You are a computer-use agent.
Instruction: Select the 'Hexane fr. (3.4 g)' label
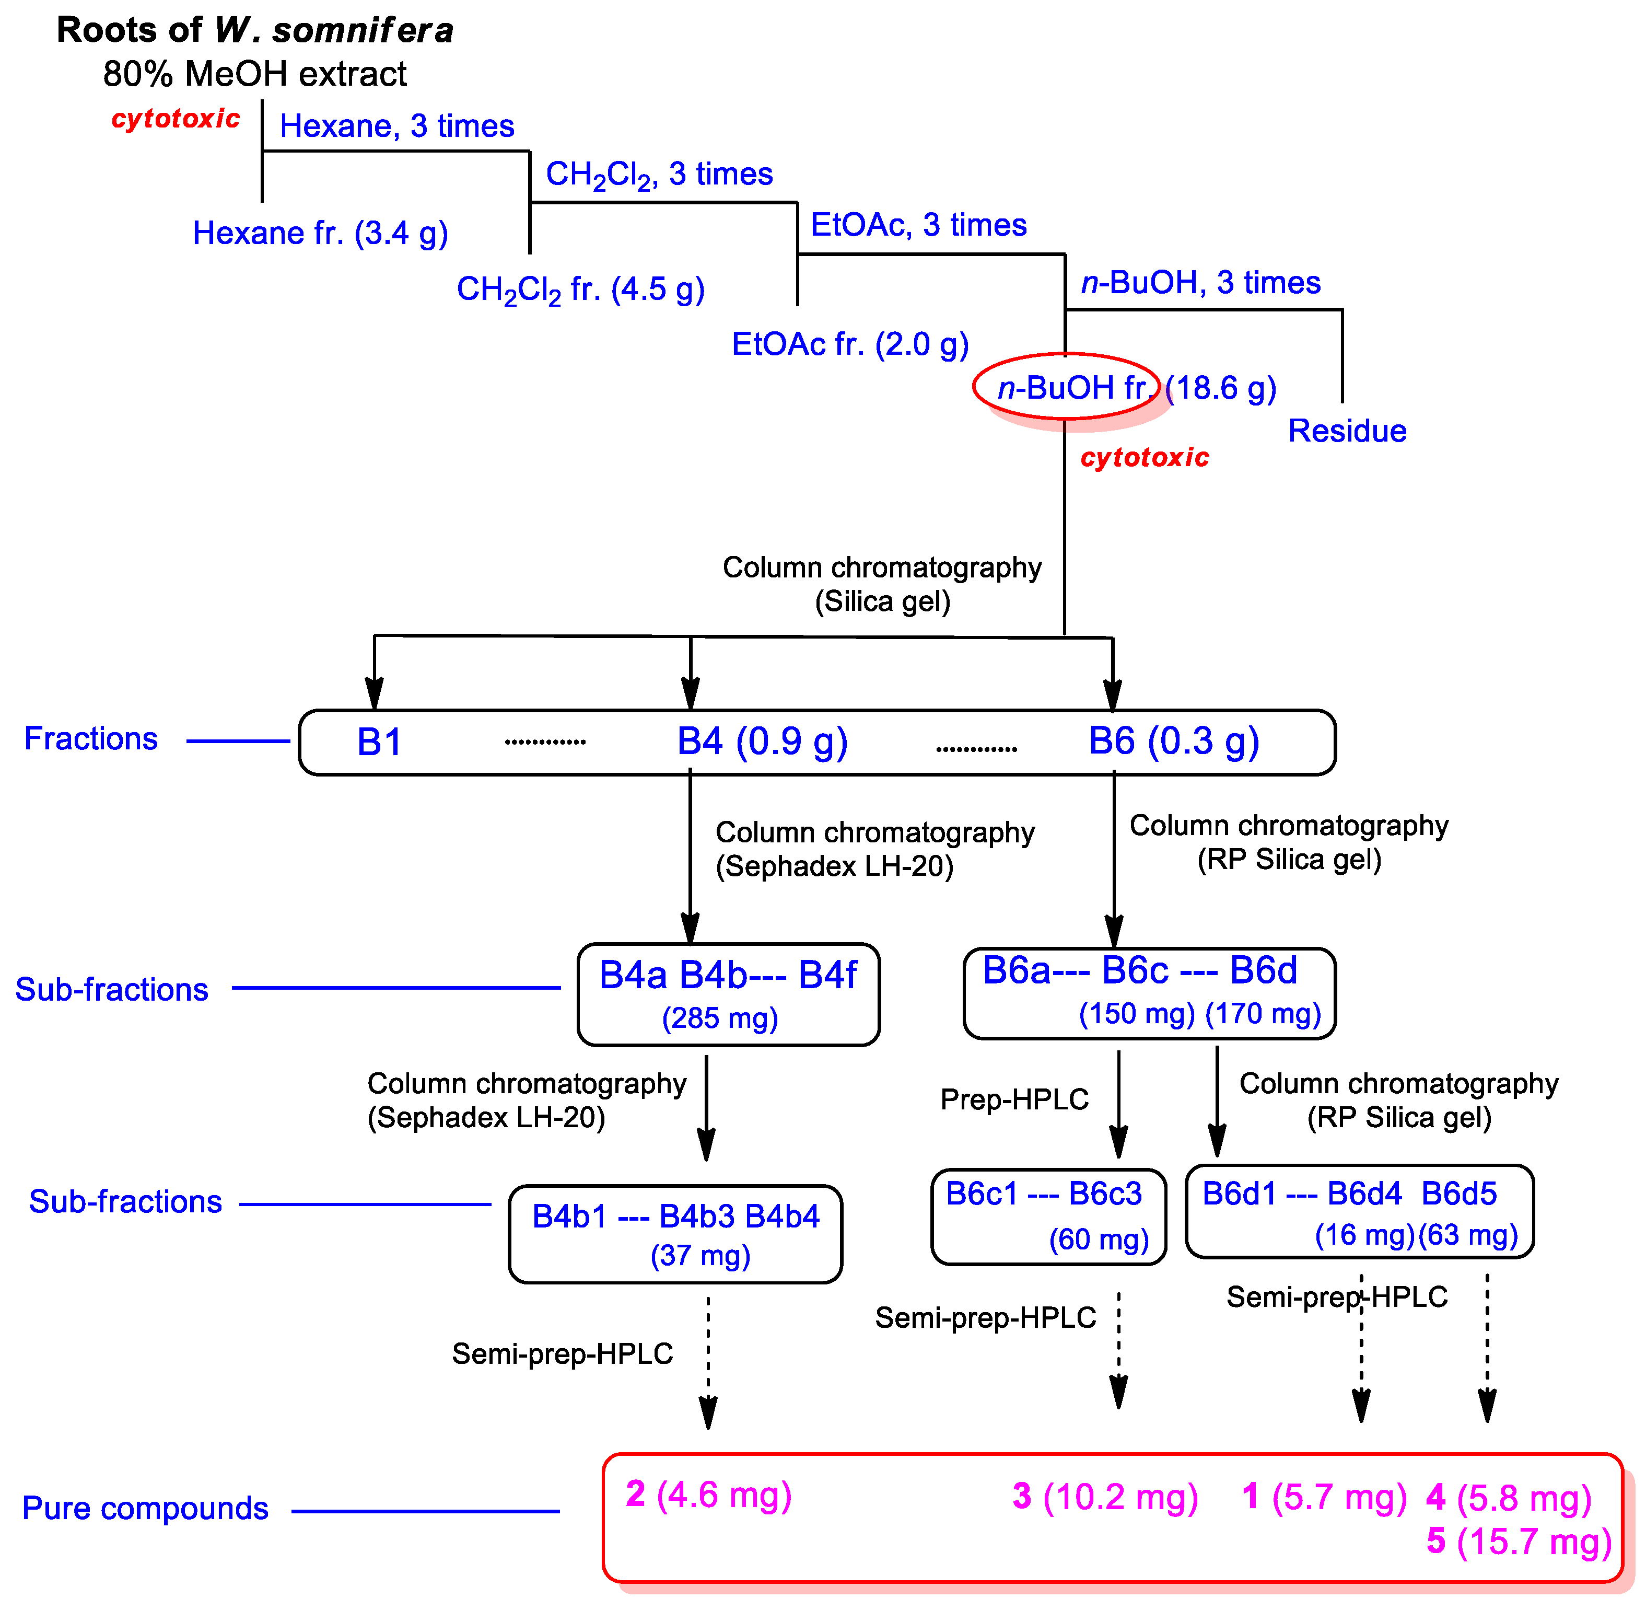pyautogui.click(x=320, y=234)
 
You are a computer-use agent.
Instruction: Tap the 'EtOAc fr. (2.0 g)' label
pyautogui.click(x=849, y=344)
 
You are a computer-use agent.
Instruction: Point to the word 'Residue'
pyautogui.click(x=1347, y=431)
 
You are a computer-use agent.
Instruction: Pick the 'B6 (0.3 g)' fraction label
pyautogui.click(x=1173, y=742)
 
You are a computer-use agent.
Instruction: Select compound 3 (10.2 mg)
pyautogui.click(x=1105, y=1497)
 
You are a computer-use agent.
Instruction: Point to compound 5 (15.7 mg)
pyautogui.click(x=1519, y=1542)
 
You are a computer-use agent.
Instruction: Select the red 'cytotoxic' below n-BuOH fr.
pyautogui.click(x=1145, y=457)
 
